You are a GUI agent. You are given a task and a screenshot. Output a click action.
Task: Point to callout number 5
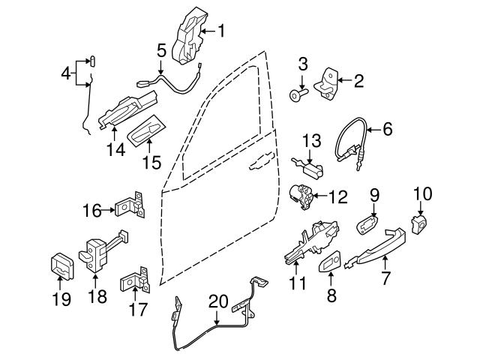[x=160, y=51]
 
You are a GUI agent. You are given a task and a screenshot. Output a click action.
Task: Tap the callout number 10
[x=422, y=193]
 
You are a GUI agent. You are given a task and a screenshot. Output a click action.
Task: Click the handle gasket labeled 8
[x=330, y=262]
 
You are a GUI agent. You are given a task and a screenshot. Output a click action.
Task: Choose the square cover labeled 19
[x=61, y=264]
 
